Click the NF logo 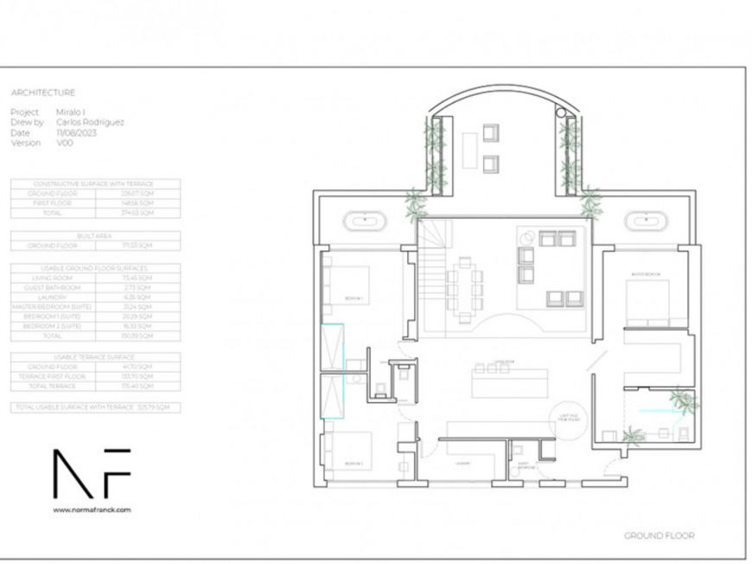[x=92, y=473]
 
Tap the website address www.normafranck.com [x=92, y=510]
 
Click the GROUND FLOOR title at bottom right [x=659, y=535]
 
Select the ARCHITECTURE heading [x=42, y=93]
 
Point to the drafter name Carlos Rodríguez [x=90, y=123]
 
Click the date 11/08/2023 [x=76, y=132]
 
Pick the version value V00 [x=65, y=143]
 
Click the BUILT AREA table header [x=96, y=235]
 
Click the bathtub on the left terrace [x=367, y=221]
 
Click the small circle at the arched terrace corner [x=560, y=112]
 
